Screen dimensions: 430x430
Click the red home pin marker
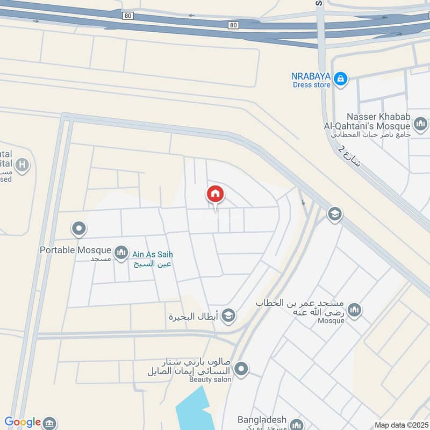click(216, 194)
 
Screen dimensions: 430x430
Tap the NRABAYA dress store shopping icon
click(340, 79)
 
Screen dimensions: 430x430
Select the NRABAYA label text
click(311, 76)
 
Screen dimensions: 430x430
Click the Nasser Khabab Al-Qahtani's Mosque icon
click(420, 124)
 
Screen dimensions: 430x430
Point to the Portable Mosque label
click(75, 250)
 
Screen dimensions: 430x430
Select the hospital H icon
click(22, 164)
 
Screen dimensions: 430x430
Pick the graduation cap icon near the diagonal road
click(334, 214)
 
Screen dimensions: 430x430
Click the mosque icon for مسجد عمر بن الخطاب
click(354, 310)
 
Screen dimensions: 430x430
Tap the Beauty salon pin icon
click(242, 369)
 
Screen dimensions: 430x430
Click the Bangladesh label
click(262, 420)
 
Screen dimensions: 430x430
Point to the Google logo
click(23, 422)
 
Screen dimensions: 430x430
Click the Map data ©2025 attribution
click(400, 425)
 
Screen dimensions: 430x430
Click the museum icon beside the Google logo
click(49, 422)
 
